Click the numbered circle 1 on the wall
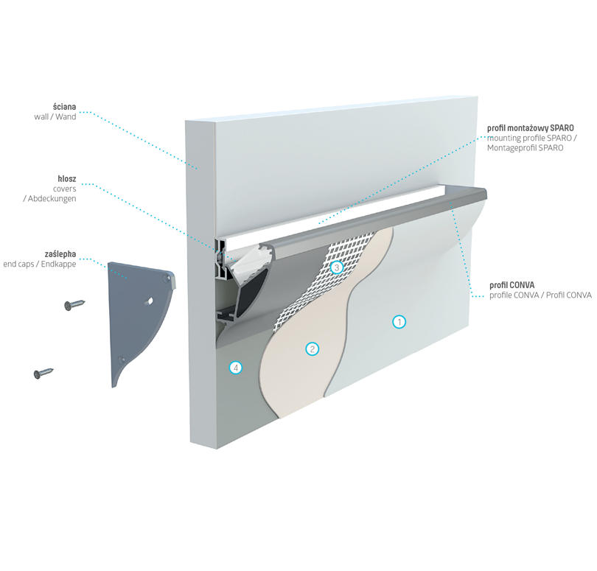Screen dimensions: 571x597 [x=399, y=322]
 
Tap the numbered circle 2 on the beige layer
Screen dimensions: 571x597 [x=312, y=348]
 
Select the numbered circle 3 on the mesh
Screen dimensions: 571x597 [x=336, y=267]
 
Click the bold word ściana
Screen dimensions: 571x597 [x=64, y=107]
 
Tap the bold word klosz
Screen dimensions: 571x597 [x=66, y=178]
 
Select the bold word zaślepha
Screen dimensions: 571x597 [x=60, y=253]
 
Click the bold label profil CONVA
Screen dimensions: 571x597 [x=512, y=285]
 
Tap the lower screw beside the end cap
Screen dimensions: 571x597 [x=44, y=373]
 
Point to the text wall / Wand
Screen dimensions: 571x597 [x=55, y=117]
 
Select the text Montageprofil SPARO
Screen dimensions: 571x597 [x=526, y=148]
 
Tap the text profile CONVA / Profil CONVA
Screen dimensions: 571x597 [x=540, y=295]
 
